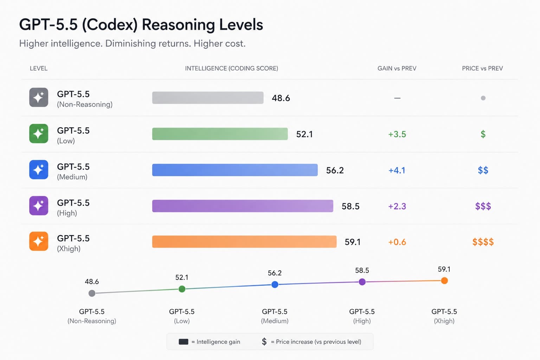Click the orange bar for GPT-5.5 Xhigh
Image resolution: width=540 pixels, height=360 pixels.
(244, 242)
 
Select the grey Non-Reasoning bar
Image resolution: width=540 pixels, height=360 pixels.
(207, 98)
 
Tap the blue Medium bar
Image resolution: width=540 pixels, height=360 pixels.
(234, 170)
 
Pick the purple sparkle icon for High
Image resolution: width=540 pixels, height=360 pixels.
(39, 206)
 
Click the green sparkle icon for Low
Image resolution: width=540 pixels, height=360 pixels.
(39, 134)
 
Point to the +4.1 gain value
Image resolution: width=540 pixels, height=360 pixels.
(397, 171)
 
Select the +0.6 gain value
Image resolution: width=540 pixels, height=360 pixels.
(397, 242)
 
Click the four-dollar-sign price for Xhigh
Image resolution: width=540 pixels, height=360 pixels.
(483, 242)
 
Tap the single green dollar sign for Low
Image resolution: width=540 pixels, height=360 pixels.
(483, 134)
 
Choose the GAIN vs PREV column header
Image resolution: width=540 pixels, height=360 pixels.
(397, 68)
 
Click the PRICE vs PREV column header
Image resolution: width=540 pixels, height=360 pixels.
(482, 68)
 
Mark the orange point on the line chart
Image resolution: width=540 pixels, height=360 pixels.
(444, 281)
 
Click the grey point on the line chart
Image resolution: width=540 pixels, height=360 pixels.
(92, 293)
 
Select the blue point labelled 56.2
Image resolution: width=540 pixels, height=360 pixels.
(275, 284)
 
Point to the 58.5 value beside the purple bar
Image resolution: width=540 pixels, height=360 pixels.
(351, 206)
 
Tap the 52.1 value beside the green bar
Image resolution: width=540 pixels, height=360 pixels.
(304, 134)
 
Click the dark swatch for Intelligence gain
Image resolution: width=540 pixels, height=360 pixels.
(184, 342)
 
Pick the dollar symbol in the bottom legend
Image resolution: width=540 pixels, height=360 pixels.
(264, 342)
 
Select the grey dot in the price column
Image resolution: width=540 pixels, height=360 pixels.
(483, 98)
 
